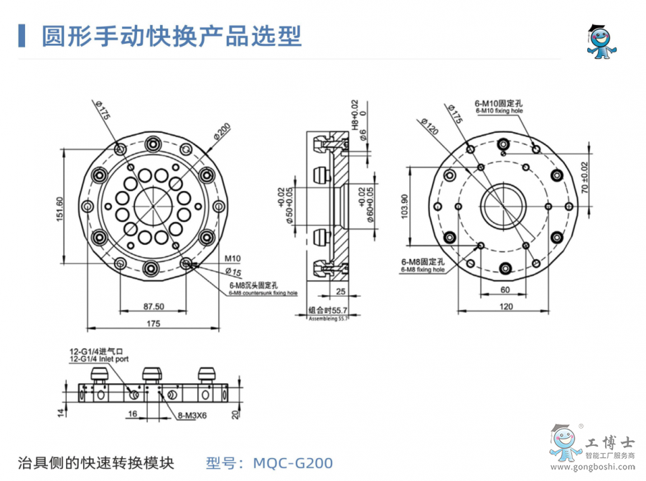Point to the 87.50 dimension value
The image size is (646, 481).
154,306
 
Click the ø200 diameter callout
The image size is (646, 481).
221,133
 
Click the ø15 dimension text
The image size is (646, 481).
233,271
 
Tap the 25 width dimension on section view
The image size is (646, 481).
340,291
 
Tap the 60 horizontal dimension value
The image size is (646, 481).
505,289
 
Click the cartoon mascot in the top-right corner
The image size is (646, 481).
599,42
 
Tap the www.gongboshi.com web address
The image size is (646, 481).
603,469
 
